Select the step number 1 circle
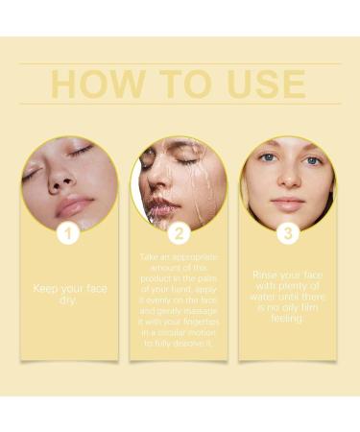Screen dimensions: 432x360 click(x=68, y=233)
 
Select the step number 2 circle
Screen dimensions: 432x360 click(x=179, y=233)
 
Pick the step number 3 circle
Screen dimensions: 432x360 click(x=288, y=233)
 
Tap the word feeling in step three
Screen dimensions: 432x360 click(x=289, y=318)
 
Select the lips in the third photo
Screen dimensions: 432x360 click(x=288, y=203)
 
